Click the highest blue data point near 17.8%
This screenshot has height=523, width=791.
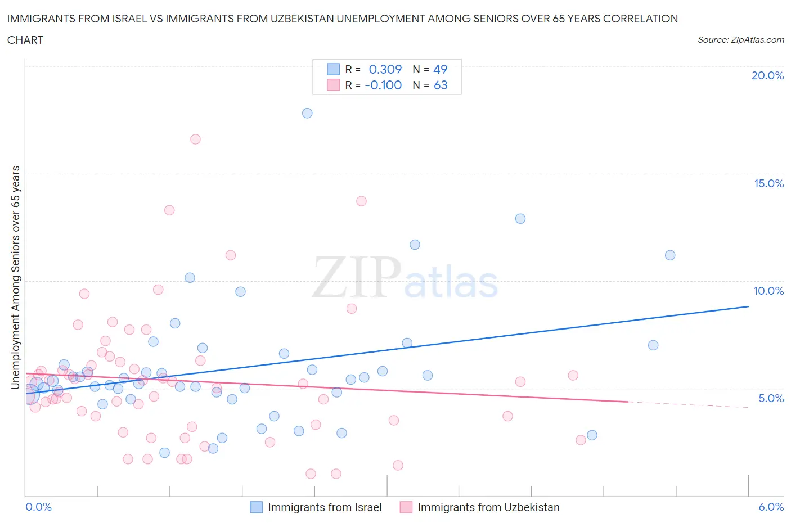[307, 113]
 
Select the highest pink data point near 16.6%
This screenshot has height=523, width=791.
[195, 139]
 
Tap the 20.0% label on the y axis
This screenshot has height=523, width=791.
[767, 75]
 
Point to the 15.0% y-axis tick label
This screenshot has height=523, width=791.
[768, 183]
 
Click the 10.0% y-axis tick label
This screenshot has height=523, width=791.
[768, 291]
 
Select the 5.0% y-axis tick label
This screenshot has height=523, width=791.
[771, 398]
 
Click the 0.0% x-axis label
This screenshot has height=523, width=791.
[39, 507]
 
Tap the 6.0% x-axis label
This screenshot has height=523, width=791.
[771, 507]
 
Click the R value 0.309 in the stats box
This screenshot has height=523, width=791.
[385, 69]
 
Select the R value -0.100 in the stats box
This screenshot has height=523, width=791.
[383, 85]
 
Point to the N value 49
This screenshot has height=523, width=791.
[440, 69]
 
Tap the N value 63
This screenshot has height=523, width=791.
[441, 85]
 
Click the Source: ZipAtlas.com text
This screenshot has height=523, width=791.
[740, 40]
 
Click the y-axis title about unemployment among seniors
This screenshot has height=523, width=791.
[15, 277]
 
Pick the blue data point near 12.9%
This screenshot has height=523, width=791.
[520, 218]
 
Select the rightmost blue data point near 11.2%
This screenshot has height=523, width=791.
[670, 255]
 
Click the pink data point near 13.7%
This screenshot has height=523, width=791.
[361, 201]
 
